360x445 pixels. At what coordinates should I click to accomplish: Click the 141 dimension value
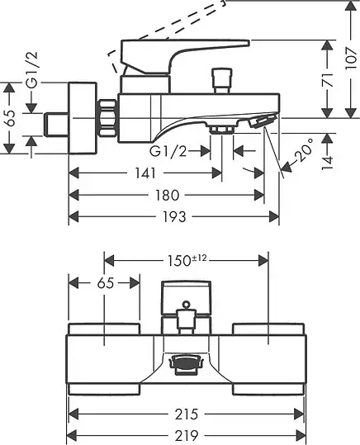pos(145,173)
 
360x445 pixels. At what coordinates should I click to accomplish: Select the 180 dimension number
pos(168,195)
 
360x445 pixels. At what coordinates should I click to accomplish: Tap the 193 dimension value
pos(174,217)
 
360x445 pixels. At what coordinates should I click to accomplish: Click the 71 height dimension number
pos(328,80)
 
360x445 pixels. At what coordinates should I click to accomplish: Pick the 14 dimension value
pos(327,163)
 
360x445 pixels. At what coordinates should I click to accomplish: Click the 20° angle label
pos(303,150)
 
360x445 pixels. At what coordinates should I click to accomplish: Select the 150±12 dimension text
pos(187,261)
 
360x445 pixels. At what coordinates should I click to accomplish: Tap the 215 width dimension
pos(187,414)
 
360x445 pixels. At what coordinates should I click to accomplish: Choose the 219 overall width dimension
pos(187,435)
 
